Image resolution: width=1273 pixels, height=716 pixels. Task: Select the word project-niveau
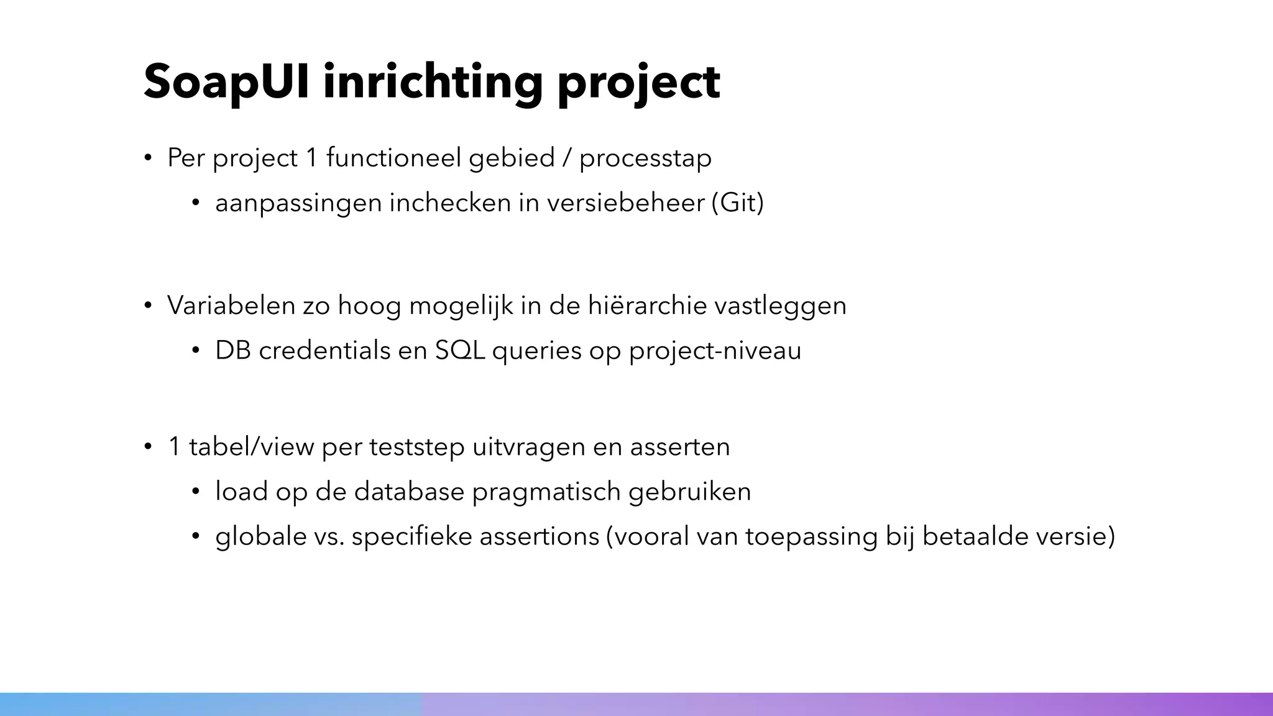tap(715, 351)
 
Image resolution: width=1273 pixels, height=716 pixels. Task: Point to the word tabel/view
tap(251, 447)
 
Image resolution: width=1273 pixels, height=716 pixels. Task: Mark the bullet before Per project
tap(148, 158)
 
